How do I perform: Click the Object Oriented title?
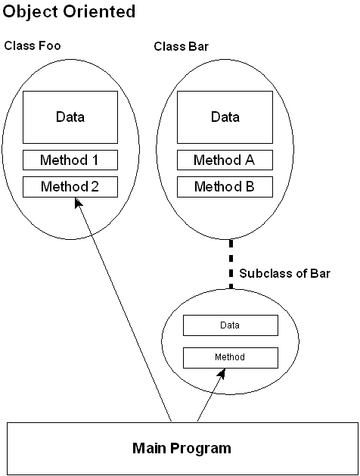click(x=69, y=12)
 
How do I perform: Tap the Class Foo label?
click(x=33, y=46)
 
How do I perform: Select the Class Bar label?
click(x=181, y=46)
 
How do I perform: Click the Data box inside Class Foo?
click(x=70, y=117)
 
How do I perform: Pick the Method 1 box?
click(x=70, y=160)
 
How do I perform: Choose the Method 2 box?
click(x=70, y=187)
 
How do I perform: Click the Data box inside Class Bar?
click(x=225, y=117)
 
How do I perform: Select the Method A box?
click(x=225, y=160)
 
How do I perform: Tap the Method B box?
click(x=225, y=187)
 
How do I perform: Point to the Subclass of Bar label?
click(x=284, y=273)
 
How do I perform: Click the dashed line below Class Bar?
click(x=231, y=264)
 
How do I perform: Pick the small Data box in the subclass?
click(x=231, y=325)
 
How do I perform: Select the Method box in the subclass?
click(x=231, y=358)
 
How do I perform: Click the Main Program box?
click(x=182, y=448)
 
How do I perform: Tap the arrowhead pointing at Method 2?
click(x=78, y=203)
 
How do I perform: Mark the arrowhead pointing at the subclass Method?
click(x=222, y=373)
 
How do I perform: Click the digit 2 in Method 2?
click(x=95, y=186)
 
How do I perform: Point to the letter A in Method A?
click(x=250, y=160)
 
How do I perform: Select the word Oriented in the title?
click(x=99, y=11)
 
